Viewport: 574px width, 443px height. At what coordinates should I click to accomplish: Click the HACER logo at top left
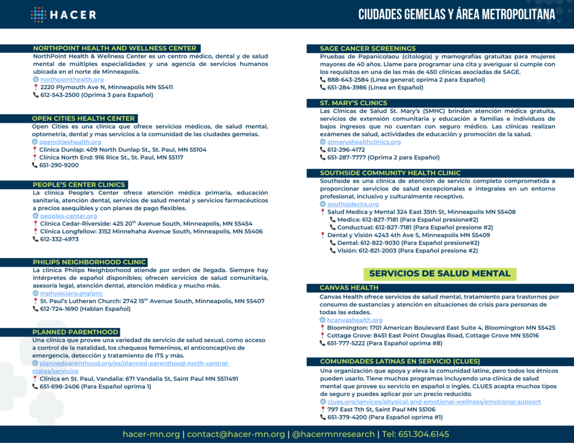point(63,15)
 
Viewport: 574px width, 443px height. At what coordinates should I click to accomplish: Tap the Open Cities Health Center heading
point(84,119)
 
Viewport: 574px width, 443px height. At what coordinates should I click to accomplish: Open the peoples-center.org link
point(68,216)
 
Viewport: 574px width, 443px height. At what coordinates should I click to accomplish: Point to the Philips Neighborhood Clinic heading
point(90,262)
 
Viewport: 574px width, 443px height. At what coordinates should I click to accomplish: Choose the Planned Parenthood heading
point(76,332)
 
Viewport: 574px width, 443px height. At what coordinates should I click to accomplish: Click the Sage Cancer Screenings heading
point(368,49)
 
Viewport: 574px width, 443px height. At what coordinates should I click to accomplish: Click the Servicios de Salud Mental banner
point(440,274)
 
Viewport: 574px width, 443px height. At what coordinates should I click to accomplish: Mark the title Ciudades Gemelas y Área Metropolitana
point(457,15)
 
